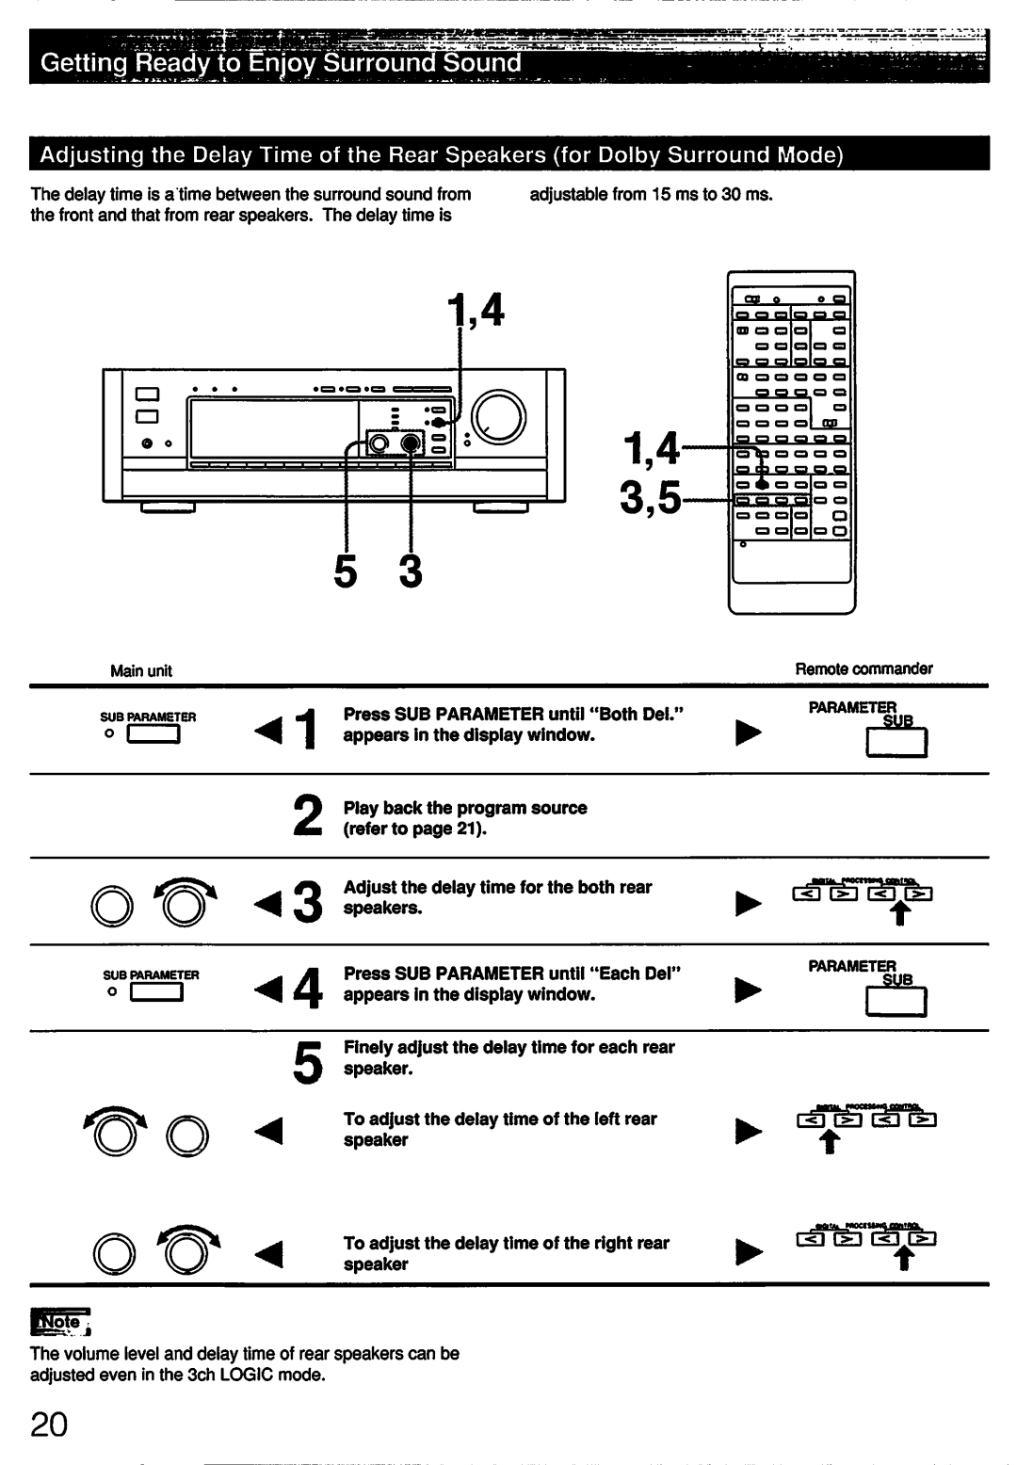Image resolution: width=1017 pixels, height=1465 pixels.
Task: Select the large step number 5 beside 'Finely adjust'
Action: click(x=306, y=1058)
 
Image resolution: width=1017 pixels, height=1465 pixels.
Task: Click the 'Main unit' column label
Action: click(x=141, y=670)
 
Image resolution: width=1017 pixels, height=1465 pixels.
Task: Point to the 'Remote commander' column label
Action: click(x=864, y=668)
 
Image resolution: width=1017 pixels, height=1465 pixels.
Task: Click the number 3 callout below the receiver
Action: click(x=410, y=571)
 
